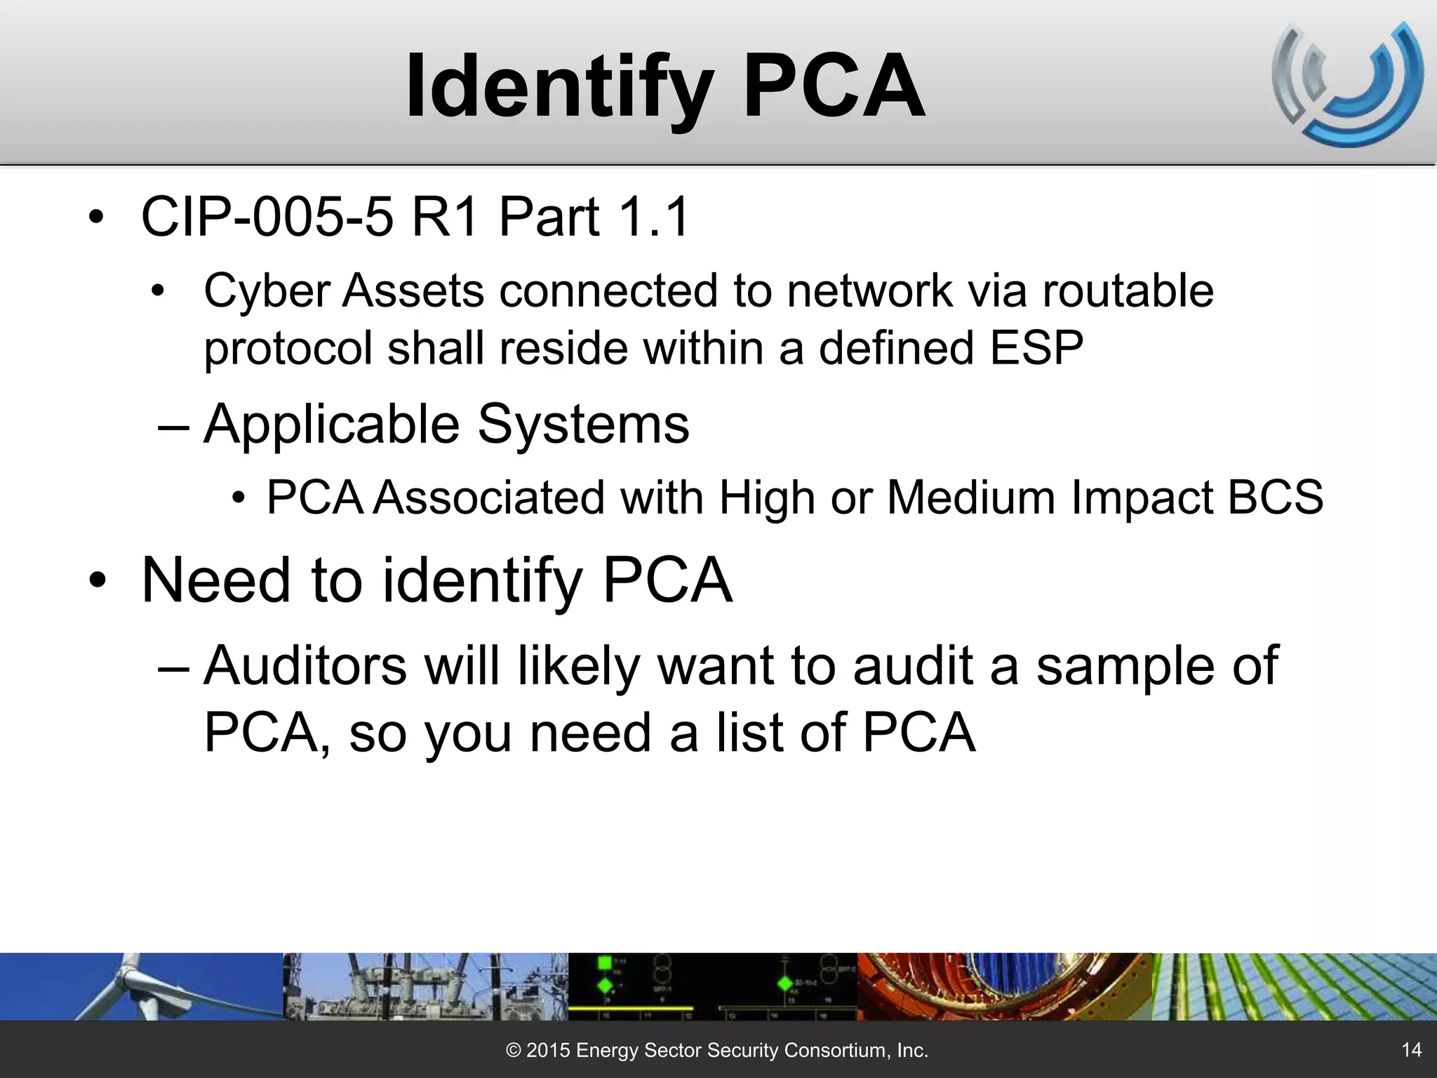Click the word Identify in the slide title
pyautogui.click(x=559, y=87)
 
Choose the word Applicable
pyautogui.click(x=330, y=425)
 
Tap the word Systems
pyautogui.click(x=583, y=425)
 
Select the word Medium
pyautogui.click(x=970, y=498)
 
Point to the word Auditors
pyautogui.click(x=305, y=665)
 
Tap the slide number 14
pyautogui.click(x=1411, y=1049)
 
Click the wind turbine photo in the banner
pyautogui.click(x=140, y=986)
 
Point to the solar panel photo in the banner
pyautogui.click(x=1295, y=986)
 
